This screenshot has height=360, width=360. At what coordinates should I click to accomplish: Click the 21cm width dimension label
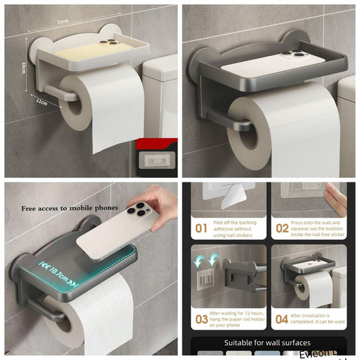pyautogui.click(x=62, y=22)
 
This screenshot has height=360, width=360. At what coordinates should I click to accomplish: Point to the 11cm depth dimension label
pyautogui.click(x=42, y=102)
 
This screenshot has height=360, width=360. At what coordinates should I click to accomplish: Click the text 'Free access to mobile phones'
pyautogui.click(x=70, y=207)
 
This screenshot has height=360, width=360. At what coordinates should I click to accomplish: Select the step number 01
pyautogui.click(x=201, y=228)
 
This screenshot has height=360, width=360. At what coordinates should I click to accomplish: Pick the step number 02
pyautogui.click(x=282, y=228)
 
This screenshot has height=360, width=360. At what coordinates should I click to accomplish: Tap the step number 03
pyautogui.click(x=202, y=319)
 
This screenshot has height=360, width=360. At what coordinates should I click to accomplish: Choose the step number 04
pyautogui.click(x=282, y=319)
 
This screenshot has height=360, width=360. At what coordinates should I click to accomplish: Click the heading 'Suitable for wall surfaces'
pyautogui.click(x=267, y=342)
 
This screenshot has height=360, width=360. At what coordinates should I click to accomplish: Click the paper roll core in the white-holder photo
pyautogui.click(x=73, y=101)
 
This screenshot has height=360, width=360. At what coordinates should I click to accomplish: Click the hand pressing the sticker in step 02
pyautogui.click(x=335, y=199)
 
